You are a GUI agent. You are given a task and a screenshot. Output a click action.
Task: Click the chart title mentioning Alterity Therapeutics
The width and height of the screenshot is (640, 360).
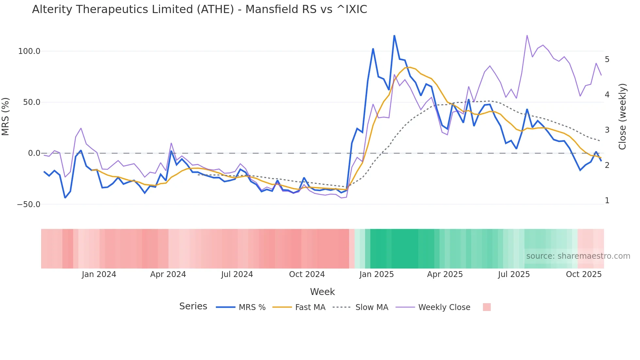coord(200,9)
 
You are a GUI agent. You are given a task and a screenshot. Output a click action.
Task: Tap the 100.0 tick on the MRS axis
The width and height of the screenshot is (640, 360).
coord(29,51)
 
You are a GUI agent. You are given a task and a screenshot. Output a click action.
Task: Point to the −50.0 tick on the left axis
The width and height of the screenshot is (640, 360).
coord(28,205)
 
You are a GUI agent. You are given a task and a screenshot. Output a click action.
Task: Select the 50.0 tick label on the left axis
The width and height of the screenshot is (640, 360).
coord(31,102)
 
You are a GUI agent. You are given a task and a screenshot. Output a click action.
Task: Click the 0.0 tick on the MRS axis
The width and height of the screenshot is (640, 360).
coord(34,153)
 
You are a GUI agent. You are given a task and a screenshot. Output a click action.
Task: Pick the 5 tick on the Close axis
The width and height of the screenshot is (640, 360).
coord(607,59)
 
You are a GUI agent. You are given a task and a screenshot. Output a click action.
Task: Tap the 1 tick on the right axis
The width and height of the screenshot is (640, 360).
coord(607,201)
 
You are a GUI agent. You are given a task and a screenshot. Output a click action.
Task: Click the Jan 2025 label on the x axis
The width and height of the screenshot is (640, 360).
coord(376,274)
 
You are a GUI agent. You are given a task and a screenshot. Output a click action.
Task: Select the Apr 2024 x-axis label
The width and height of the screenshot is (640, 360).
coord(168,274)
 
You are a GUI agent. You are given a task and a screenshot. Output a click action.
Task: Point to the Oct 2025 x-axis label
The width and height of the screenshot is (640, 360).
coord(584,274)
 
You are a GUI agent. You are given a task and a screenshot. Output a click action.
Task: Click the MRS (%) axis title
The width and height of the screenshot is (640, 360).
coord(6,117)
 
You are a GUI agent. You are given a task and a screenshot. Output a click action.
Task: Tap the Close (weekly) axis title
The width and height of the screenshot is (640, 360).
coord(622,117)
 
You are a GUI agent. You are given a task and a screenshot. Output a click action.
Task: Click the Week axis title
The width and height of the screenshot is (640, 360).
coord(322,292)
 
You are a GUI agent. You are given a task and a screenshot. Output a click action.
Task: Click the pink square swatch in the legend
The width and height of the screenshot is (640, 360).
coord(487,307)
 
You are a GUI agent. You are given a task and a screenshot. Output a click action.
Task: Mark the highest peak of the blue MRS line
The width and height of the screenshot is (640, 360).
coord(394,36)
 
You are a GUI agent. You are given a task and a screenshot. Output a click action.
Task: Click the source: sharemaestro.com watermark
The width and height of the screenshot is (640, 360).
coord(578,256)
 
